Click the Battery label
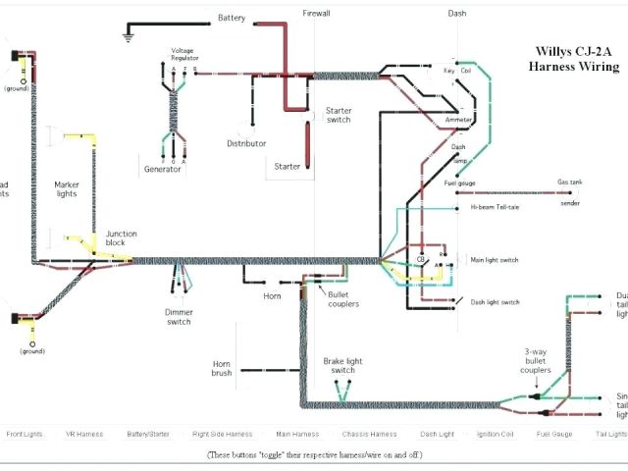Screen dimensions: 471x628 232,18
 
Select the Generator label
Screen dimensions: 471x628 163,170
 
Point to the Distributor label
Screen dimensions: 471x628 246,143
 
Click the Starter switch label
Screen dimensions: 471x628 339,116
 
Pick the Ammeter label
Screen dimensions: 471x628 458,120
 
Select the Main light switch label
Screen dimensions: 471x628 495,260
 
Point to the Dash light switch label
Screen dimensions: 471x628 496,302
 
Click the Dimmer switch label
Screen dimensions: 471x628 179,316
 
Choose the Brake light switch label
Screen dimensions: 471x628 342,365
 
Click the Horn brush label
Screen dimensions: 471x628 222,369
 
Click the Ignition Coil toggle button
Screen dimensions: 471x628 497,433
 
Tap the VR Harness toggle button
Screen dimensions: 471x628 83,433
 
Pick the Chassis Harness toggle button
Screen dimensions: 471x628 369,433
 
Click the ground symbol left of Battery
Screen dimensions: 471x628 127,37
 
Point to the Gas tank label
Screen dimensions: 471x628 570,183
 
